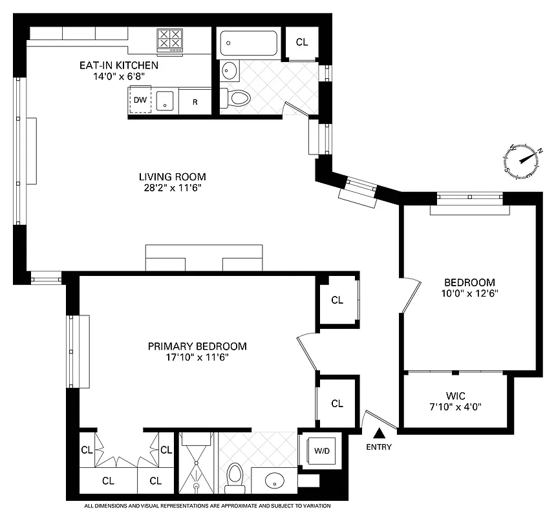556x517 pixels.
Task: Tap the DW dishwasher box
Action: pyautogui.click(x=140, y=100)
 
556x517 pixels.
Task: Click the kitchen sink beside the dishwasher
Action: pyautogui.click(x=166, y=101)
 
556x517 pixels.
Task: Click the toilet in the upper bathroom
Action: pyautogui.click(x=237, y=98)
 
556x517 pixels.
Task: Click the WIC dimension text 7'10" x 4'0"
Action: pyautogui.click(x=455, y=406)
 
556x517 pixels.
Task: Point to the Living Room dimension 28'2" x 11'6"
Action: pyautogui.click(x=172, y=189)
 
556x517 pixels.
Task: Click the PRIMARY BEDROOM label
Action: pyautogui.click(x=197, y=346)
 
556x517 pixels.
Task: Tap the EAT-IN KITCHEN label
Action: pyautogui.click(x=119, y=65)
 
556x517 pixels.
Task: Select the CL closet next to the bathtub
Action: pyautogui.click(x=302, y=43)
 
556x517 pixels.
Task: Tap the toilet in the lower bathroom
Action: pyautogui.click(x=235, y=476)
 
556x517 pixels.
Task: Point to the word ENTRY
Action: pyautogui.click(x=378, y=447)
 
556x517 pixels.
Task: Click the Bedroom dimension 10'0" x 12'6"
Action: pyautogui.click(x=469, y=293)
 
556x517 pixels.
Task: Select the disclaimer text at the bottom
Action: pyautogui.click(x=208, y=506)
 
